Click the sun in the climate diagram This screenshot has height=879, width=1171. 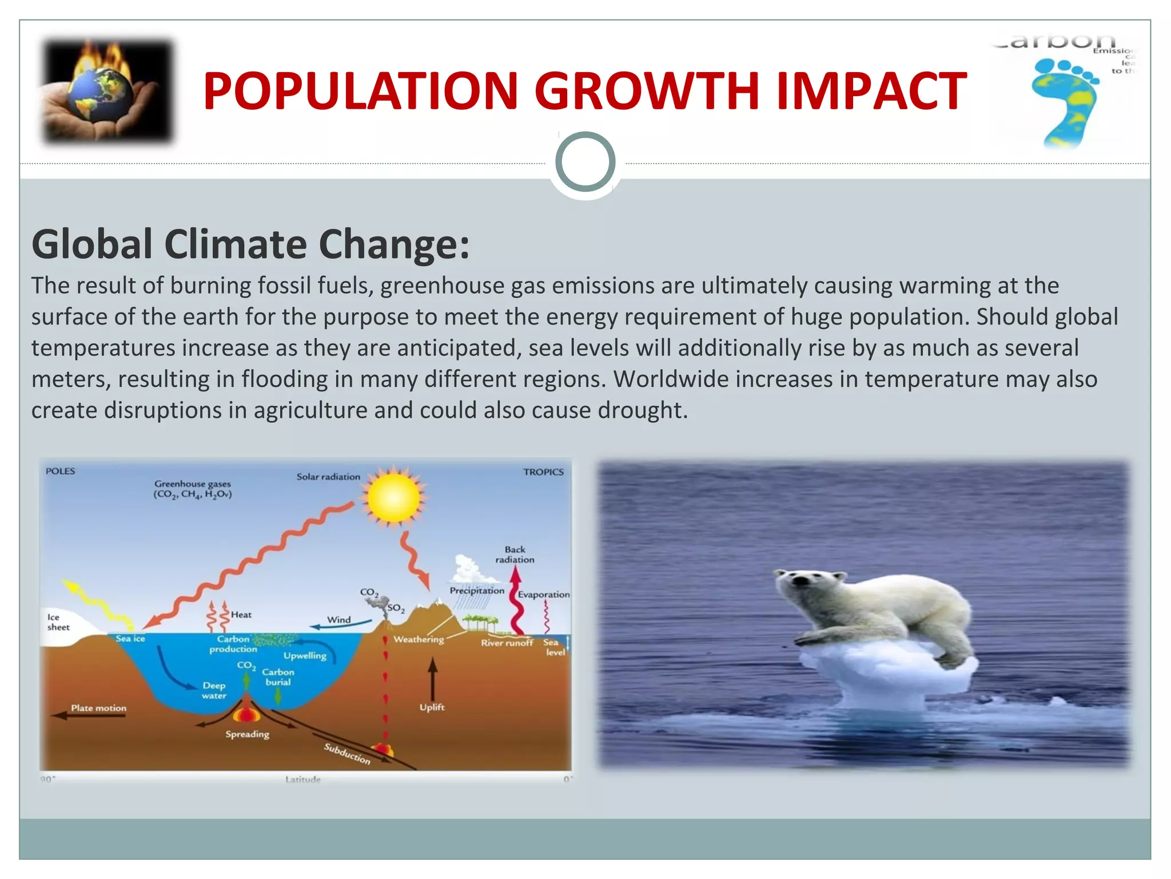(x=394, y=497)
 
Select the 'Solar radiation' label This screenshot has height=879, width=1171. (x=328, y=477)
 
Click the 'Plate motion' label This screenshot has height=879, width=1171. (x=98, y=708)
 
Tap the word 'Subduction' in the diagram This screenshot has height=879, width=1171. (x=347, y=753)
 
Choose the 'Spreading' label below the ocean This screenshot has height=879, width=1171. (x=247, y=734)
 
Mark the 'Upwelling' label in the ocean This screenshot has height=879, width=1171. (x=305, y=656)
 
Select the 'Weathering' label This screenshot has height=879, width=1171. (x=419, y=639)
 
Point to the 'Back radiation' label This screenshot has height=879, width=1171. (x=515, y=555)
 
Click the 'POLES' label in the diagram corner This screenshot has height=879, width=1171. (x=60, y=472)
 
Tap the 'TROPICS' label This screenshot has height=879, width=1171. (x=543, y=472)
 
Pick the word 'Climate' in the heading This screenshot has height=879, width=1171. (x=236, y=244)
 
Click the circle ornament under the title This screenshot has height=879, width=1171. (x=585, y=161)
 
